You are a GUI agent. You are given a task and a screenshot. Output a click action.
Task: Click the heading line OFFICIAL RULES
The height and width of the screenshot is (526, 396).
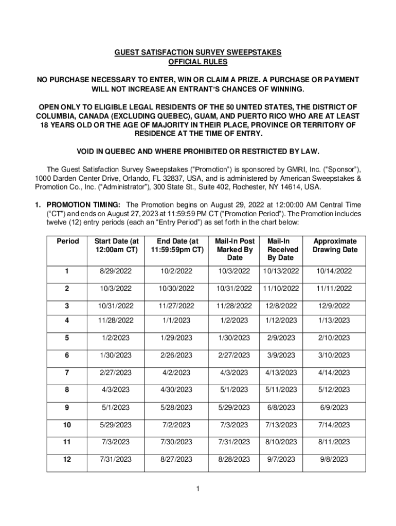click(x=198, y=62)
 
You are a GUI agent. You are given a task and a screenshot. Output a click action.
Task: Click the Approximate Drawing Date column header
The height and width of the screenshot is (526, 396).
click(x=335, y=246)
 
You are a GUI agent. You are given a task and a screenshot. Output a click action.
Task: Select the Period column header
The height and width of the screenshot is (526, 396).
click(x=68, y=241)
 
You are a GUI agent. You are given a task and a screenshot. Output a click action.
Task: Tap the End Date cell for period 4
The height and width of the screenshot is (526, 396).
click(x=175, y=321)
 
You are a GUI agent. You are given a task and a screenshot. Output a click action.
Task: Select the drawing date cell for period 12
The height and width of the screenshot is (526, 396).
click(x=335, y=459)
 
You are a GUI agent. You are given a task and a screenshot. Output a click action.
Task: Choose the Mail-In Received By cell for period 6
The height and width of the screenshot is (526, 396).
click(x=281, y=355)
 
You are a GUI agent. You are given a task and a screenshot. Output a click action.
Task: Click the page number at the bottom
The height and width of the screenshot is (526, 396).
click(x=197, y=489)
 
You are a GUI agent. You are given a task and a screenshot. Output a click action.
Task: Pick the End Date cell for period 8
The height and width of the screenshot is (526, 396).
click(x=175, y=390)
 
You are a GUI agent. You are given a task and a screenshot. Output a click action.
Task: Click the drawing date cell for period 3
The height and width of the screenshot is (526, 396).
click(x=335, y=306)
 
